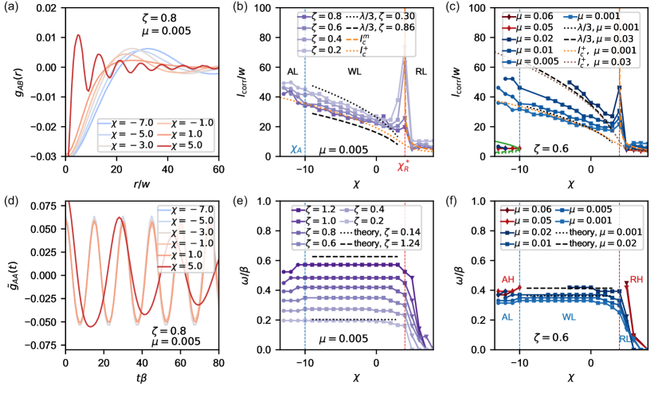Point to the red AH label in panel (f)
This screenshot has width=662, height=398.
(x=508, y=278)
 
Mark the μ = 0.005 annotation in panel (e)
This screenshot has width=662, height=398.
(x=348, y=339)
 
